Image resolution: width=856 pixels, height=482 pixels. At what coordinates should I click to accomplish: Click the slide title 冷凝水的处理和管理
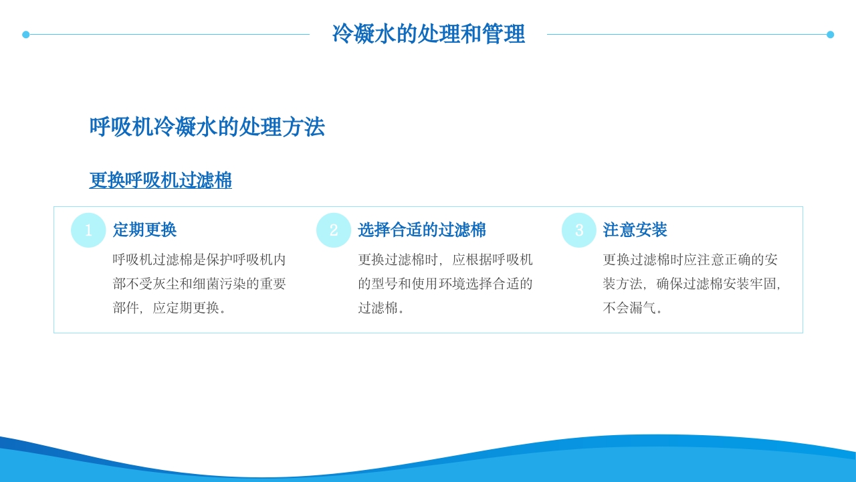point(428,34)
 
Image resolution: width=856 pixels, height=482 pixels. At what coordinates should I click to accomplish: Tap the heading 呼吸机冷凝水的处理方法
point(207,127)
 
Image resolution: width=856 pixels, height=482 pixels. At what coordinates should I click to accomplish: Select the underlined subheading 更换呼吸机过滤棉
point(160,180)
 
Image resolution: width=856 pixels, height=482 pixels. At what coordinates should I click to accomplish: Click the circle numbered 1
point(88,230)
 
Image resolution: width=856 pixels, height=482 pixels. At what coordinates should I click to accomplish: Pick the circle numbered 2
point(334,230)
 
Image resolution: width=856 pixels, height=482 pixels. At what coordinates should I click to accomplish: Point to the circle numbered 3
point(579,230)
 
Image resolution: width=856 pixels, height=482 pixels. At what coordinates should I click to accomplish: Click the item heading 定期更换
point(144,230)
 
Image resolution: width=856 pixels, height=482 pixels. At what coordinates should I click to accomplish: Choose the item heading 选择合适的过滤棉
point(422,230)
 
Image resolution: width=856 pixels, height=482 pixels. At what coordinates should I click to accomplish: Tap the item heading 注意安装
point(635,230)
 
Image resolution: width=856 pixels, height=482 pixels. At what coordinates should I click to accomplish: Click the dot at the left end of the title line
point(26,35)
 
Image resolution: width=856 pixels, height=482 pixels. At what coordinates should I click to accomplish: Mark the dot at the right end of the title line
point(830,35)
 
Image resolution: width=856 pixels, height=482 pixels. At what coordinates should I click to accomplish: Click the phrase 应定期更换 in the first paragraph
point(186,308)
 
